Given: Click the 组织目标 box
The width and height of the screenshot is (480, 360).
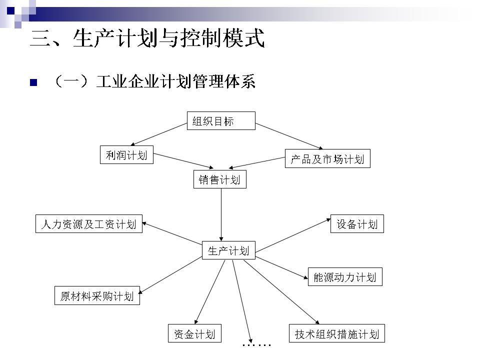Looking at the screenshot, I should [x=221, y=120].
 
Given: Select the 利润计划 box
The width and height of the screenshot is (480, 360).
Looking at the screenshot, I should [x=126, y=155].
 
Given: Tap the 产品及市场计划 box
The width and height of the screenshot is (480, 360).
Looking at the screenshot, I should [x=327, y=158].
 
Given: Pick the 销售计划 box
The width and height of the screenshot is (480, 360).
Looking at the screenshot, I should [x=220, y=179].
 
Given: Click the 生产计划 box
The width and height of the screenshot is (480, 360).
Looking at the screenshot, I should [x=228, y=250].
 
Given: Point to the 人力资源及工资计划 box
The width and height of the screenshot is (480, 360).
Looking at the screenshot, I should [x=89, y=223].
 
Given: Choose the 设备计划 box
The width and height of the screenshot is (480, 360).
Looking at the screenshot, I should [x=357, y=223].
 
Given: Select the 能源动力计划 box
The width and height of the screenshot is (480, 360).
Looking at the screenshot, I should [x=344, y=276].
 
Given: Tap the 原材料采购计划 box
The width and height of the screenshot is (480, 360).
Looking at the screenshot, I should [x=97, y=295].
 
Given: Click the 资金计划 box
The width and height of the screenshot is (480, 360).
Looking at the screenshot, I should [x=194, y=333].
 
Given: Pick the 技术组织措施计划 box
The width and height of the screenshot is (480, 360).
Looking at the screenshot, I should [x=337, y=333].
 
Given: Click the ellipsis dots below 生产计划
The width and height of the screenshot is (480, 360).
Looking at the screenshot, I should [x=256, y=345].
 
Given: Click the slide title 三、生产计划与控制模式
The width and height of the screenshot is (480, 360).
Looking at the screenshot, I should [x=147, y=39].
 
